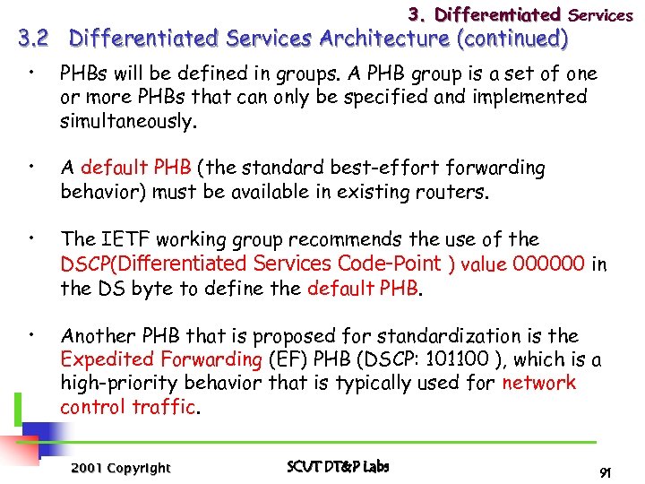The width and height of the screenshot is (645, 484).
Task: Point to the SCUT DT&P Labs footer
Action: [338, 467]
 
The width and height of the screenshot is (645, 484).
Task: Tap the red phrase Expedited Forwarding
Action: [160, 360]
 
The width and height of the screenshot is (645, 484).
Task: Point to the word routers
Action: [457, 192]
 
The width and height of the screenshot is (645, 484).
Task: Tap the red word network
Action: [539, 384]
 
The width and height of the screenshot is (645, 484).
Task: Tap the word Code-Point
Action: [390, 264]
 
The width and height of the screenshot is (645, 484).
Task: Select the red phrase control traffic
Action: [127, 407]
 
